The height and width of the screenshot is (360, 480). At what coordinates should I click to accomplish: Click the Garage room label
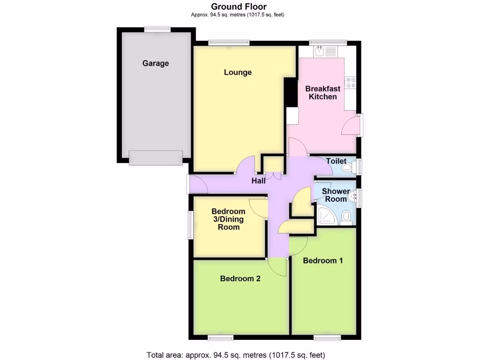tap(156, 63)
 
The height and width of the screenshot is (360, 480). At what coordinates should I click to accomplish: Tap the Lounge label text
tap(238, 72)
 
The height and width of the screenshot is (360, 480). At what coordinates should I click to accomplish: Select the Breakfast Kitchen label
tap(323, 92)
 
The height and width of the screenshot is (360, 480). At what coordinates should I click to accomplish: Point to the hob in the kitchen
tap(350, 82)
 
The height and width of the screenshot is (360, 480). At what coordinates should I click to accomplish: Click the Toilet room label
tap(336, 161)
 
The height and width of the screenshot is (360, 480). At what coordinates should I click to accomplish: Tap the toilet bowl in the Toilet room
tap(346, 167)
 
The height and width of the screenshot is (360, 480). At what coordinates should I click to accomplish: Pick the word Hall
tap(258, 180)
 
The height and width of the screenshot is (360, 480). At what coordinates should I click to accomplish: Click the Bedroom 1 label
tap(322, 261)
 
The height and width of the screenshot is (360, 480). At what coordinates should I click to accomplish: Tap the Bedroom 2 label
tap(240, 278)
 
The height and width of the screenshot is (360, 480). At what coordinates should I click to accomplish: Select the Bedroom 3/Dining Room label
tap(228, 219)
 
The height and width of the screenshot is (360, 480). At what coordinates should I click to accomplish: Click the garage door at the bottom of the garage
tap(156, 157)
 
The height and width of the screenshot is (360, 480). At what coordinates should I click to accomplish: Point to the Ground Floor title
tap(239, 7)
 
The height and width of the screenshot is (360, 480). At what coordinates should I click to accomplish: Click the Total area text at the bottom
tap(236, 355)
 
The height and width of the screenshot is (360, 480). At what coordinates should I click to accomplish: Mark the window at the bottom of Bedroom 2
tap(221, 337)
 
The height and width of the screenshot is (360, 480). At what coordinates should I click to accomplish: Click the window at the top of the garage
tap(157, 29)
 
